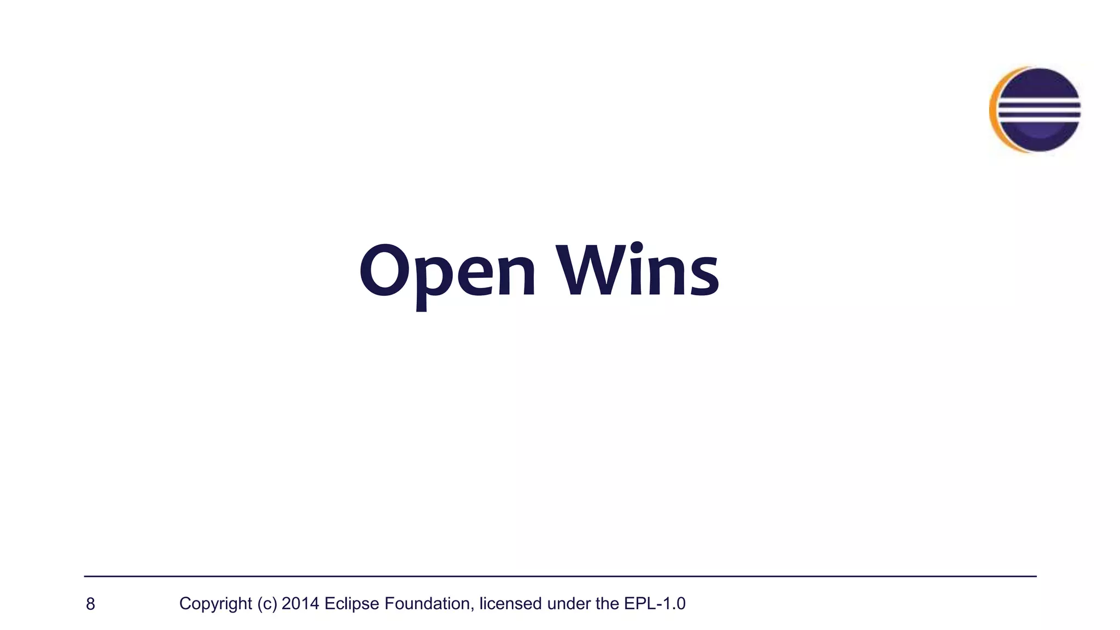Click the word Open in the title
[447, 272]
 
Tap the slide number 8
[91, 604]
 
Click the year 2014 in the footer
[300, 603]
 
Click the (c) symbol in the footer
[267, 604]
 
